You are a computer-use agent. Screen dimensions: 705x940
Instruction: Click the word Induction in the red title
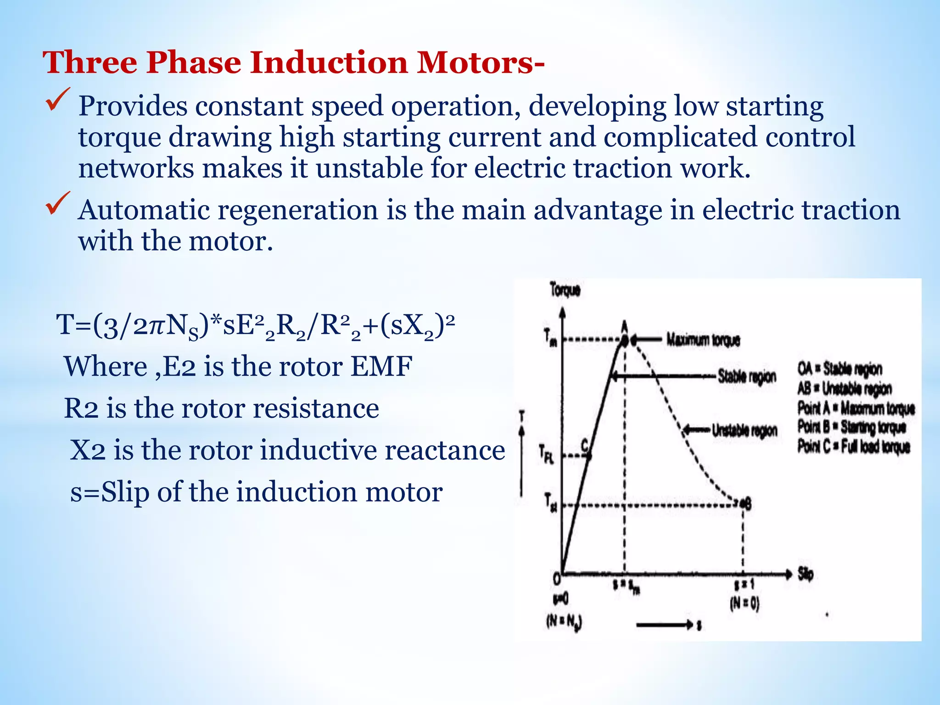(329, 62)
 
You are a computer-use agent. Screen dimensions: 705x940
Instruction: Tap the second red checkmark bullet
(58, 203)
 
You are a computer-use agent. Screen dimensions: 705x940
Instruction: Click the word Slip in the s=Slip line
(125, 492)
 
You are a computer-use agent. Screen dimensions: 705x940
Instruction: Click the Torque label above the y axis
(565, 290)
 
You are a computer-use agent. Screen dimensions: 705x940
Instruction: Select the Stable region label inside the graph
(747, 376)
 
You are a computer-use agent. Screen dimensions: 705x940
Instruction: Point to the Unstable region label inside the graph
(744, 431)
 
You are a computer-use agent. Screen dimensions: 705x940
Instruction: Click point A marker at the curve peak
(625, 340)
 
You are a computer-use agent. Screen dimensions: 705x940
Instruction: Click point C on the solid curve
(588, 454)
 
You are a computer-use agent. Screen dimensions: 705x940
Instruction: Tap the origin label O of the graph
(556, 579)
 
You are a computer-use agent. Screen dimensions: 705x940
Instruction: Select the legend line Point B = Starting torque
(852, 427)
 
